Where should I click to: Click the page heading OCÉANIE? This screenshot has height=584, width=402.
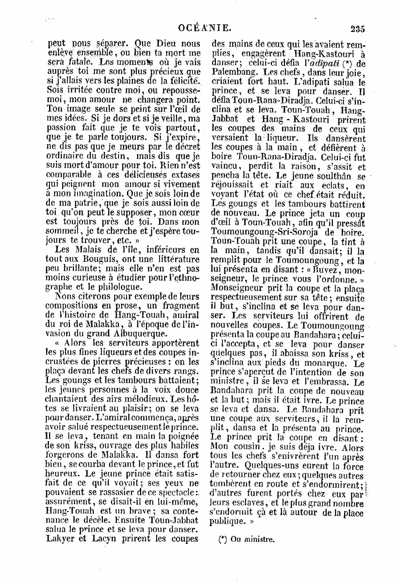[205, 28]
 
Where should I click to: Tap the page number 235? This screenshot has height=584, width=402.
[357, 29]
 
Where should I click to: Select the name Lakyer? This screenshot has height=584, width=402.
[63, 539]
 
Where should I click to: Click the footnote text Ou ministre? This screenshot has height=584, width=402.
[248, 540]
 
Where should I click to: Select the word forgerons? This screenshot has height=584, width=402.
[68, 455]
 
